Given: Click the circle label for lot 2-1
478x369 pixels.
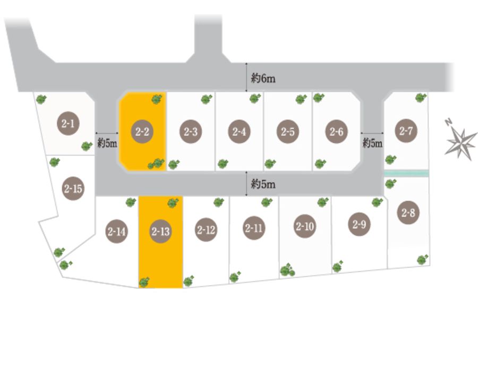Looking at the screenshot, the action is click(x=68, y=123).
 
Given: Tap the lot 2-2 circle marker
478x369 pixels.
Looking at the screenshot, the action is click(x=142, y=132).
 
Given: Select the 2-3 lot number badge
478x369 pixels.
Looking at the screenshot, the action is click(x=191, y=132).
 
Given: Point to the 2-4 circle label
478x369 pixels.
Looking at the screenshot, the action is click(x=240, y=132).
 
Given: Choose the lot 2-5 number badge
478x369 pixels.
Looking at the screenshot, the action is click(x=288, y=132).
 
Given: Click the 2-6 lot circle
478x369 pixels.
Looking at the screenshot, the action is click(x=337, y=132).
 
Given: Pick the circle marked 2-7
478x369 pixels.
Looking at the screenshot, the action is click(x=406, y=131).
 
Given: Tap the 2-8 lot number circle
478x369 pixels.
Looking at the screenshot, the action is click(x=408, y=212).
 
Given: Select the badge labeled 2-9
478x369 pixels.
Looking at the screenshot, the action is click(x=360, y=224).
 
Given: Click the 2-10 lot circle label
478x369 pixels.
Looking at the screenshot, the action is click(x=305, y=226).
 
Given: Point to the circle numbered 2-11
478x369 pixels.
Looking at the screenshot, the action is click(x=254, y=228).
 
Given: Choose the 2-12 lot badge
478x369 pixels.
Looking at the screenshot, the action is click(x=206, y=229).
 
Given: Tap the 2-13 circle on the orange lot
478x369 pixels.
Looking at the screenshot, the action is click(x=160, y=231).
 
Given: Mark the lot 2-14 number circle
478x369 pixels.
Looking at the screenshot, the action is click(x=116, y=231).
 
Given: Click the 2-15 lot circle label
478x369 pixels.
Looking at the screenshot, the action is click(x=73, y=188).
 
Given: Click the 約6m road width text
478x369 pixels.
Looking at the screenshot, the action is click(x=263, y=78).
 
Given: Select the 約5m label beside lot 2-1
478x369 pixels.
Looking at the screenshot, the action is click(x=107, y=143).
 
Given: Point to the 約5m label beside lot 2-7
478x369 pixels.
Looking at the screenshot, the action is click(x=372, y=143).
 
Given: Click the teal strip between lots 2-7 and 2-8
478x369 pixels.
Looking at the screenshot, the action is click(x=406, y=174).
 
